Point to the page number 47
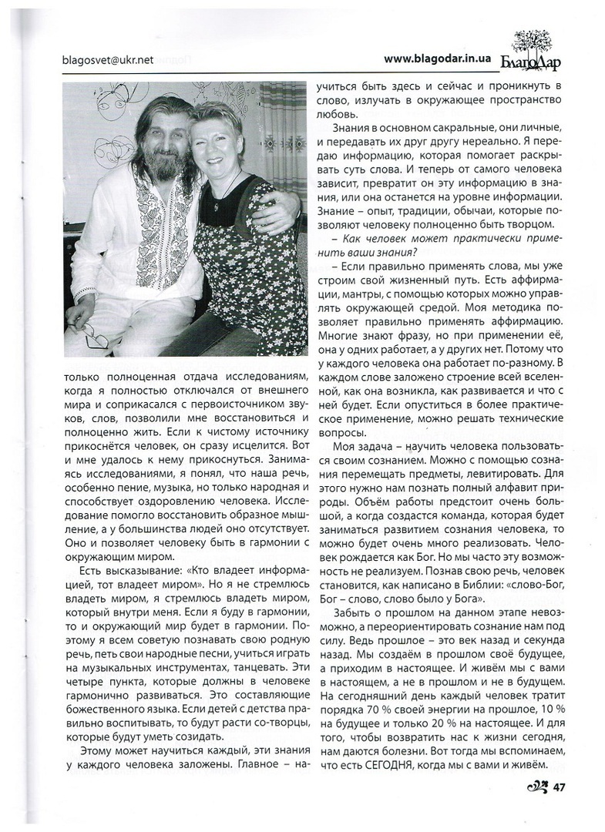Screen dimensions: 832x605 tap(560, 786)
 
